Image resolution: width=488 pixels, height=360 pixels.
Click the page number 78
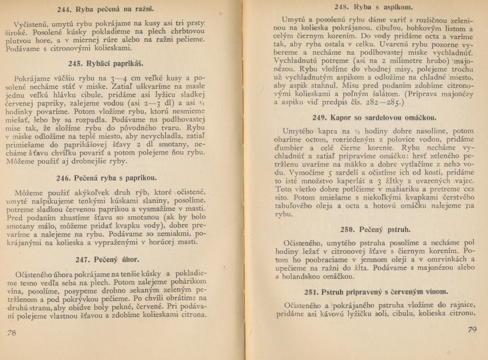pos(11,333)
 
